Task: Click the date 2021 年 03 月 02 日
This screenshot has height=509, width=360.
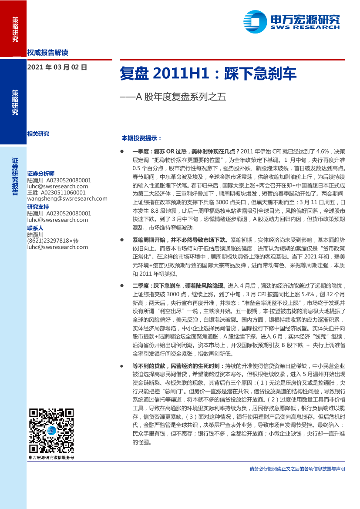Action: point(57,67)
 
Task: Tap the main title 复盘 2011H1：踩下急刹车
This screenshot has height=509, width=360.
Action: point(208,74)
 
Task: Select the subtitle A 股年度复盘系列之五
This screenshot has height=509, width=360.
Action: point(178,97)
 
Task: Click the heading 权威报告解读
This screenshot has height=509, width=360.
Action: point(47,53)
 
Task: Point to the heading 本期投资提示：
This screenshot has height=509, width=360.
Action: point(141,138)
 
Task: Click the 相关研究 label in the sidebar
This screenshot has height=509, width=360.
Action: point(38,134)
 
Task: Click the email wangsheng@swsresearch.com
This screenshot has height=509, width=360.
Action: point(67,198)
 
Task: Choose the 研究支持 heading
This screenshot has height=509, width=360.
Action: point(38,207)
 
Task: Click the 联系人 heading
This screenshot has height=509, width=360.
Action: point(35,228)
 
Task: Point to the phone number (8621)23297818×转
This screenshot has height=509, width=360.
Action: point(53,241)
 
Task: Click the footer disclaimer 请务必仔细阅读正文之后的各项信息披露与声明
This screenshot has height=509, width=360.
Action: point(297,469)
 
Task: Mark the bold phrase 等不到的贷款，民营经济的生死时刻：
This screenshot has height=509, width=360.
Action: point(178,367)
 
